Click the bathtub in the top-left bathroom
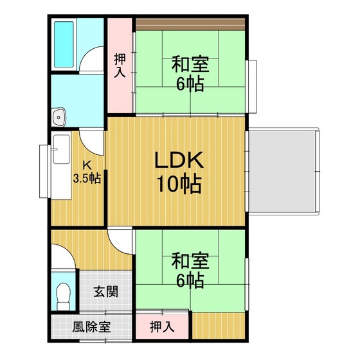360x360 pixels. point(64,44)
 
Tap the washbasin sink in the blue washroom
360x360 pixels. point(59,117)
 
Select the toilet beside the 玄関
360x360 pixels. point(63,296)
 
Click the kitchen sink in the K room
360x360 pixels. point(62,149)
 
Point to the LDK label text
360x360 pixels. point(179,160)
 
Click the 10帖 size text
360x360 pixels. point(179,184)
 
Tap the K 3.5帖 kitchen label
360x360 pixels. point(87,172)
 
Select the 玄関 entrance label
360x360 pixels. point(106,292)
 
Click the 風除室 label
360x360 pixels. point(91,327)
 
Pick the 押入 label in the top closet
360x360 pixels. point(120,66)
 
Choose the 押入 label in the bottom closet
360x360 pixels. point(162,327)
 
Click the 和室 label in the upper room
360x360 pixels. point(190,64)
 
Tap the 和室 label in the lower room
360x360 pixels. point(190,261)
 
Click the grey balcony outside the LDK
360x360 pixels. point(283,172)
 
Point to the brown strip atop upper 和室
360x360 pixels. point(190,24)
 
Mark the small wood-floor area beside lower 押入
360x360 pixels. point(219,325)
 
